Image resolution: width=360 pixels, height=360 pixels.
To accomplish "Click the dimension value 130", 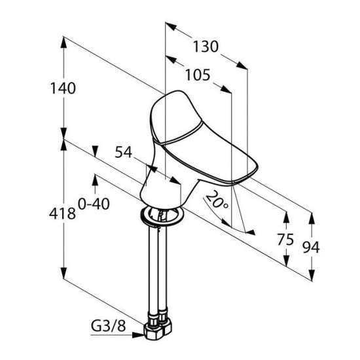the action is click(206, 46).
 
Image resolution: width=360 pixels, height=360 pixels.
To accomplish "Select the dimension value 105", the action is click(198, 75).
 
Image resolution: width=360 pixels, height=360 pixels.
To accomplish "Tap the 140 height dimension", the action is click(63, 88).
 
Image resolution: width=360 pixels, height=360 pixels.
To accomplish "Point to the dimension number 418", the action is click(62, 213).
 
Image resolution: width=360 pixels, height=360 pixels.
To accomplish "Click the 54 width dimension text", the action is click(124, 152).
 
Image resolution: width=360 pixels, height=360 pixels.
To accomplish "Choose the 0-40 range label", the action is click(94, 204).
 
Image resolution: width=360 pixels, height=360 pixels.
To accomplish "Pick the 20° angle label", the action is click(216, 200).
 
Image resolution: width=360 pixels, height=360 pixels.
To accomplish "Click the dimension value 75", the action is click(285, 240).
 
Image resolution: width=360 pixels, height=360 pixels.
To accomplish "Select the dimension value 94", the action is click(311, 247).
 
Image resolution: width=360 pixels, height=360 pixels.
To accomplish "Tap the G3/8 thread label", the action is click(109, 325).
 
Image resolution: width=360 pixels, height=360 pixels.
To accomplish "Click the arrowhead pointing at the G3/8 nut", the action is click(138, 335).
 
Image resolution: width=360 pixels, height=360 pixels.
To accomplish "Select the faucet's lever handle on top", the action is click(176, 117).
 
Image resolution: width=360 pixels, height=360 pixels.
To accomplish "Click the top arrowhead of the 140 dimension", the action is click(63, 43).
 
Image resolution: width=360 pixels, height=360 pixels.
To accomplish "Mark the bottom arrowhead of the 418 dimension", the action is click(63, 273).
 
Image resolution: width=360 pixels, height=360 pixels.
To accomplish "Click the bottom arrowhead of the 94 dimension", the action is click(312, 275).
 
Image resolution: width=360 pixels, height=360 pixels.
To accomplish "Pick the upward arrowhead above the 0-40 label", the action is click(95, 180).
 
